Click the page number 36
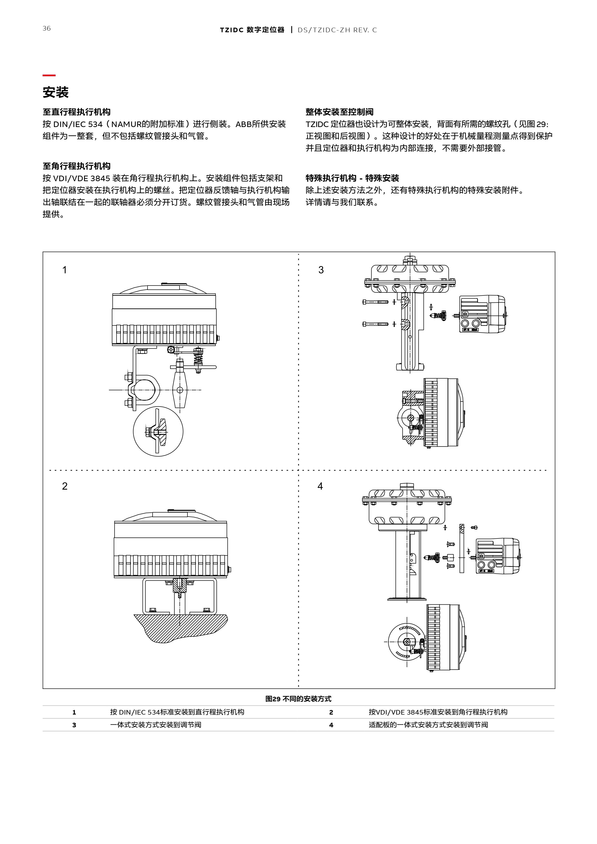coord(47,28)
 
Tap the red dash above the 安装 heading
coord(49,75)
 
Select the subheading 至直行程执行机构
coord(77,112)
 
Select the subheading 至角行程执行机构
coord(77,166)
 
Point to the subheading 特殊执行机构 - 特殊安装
coord(352,178)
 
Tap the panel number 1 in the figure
coord(65,270)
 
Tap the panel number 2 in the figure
coord(65,486)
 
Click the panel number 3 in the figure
coord(321,270)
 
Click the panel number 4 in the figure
coord(320,486)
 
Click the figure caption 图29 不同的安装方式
coord(298,699)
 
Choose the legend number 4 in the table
coord(331,725)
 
